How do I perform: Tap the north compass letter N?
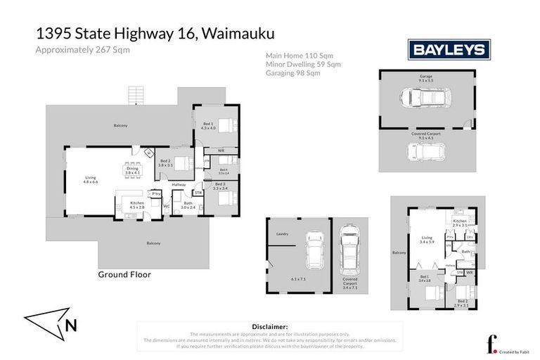click(x=71, y=325)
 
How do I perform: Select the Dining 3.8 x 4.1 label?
click(x=132, y=170)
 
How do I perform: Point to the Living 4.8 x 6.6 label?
click(x=91, y=179)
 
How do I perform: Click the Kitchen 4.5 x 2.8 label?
click(x=136, y=205)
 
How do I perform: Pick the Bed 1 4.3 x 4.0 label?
click(x=208, y=125)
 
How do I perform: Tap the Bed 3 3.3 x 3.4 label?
click(x=220, y=186)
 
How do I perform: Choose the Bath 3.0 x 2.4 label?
click(x=187, y=205)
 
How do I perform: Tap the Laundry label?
click(x=283, y=233)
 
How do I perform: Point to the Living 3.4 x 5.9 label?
click(x=427, y=240)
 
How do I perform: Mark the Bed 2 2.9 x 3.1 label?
click(x=461, y=303)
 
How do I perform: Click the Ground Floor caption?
click(x=124, y=275)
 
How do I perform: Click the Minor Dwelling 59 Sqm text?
click(x=302, y=64)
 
